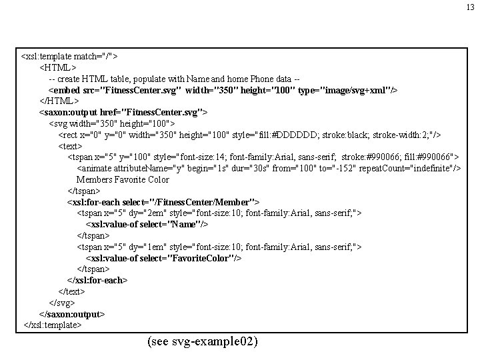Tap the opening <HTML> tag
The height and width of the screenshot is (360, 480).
point(58,67)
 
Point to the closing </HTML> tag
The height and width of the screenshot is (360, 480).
point(60,101)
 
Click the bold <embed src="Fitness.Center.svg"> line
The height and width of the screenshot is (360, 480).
point(223,89)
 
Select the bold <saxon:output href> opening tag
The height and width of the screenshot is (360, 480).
point(123,112)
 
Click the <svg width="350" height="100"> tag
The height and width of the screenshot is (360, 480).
point(112,123)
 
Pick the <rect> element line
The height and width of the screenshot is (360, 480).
point(249,134)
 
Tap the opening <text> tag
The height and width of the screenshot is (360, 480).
point(71,145)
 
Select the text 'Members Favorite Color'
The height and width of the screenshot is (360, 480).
point(123,179)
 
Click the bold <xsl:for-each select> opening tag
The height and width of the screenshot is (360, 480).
point(163,201)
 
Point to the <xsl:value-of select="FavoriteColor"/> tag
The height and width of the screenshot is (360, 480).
point(163,257)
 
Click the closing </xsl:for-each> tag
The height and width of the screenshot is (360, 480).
point(97,280)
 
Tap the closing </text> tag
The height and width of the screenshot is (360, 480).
point(72,291)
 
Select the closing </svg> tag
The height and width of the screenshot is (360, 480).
point(63,303)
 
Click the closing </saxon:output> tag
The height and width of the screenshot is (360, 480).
point(72,314)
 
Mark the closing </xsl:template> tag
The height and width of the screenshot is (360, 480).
point(52,325)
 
